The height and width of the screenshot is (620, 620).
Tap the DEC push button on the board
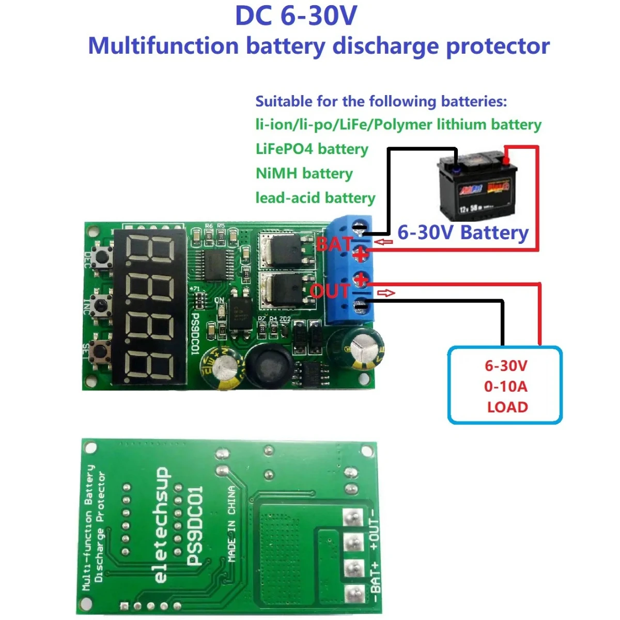pos(102,257)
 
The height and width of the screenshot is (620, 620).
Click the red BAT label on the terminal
pos(334,244)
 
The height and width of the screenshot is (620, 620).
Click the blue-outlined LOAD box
pos(504,385)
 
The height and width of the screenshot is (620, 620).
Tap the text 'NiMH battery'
pos(304,174)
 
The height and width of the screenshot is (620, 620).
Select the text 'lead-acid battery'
pos(315,198)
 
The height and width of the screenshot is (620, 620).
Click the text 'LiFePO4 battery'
pos(312,149)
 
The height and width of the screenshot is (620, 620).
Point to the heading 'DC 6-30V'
pos(296,16)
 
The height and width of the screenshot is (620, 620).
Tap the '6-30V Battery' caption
pos(463,233)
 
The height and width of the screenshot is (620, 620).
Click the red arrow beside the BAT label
pos(383,242)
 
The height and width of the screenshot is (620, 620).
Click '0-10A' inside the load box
pos(506,386)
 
